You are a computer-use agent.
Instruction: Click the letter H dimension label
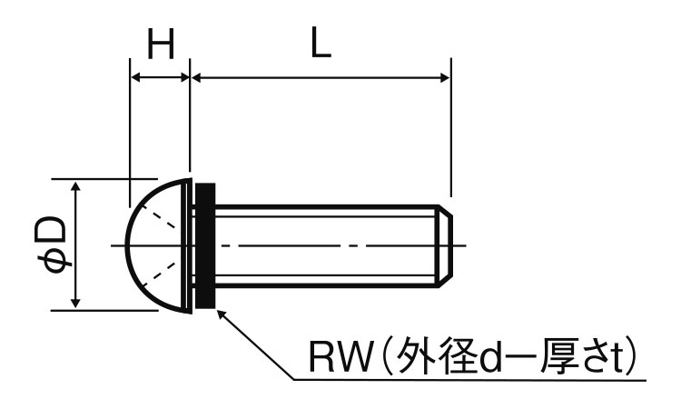click(160, 45)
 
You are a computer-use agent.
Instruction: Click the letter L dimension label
click(319, 45)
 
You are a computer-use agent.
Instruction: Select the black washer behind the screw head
click(205, 245)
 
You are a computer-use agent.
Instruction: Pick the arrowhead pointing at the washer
click(222, 314)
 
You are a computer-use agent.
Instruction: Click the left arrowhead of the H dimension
click(137, 78)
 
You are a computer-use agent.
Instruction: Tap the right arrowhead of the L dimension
click(444, 78)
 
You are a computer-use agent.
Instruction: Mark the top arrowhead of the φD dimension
click(76, 186)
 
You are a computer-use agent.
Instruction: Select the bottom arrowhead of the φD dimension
click(76, 303)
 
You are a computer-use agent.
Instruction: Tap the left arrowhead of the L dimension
click(198, 78)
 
